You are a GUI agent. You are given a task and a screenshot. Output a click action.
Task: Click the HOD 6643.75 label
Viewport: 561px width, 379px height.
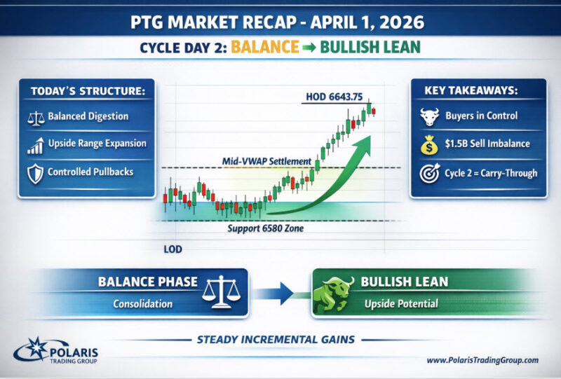tap(334, 97)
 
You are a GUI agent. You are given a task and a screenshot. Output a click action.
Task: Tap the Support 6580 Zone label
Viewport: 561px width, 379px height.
tap(266, 228)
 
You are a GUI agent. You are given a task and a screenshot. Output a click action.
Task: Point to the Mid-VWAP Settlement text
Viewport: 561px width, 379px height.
tap(266, 161)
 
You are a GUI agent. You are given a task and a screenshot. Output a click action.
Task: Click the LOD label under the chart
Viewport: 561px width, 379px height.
tap(173, 249)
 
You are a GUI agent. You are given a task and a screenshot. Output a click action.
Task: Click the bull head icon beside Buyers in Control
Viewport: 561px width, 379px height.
tap(429, 116)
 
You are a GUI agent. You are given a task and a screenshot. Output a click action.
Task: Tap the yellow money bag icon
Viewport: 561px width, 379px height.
tap(429, 144)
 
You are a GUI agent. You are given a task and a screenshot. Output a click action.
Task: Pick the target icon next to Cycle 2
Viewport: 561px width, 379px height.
tap(430, 173)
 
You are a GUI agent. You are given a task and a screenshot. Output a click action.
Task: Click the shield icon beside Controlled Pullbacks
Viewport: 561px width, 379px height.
tap(36, 174)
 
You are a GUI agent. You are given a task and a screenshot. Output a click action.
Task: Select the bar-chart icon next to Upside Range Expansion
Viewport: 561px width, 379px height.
tap(36, 146)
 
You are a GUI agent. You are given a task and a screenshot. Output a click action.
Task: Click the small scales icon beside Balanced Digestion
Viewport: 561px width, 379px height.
tap(36, 118)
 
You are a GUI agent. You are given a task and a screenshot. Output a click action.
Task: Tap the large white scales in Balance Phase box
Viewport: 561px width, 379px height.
tap(221, 291)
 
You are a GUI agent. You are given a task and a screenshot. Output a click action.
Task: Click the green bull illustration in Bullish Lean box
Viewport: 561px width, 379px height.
tap(332, 294)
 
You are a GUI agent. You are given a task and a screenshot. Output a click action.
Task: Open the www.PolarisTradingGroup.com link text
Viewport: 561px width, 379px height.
tap(482, 360)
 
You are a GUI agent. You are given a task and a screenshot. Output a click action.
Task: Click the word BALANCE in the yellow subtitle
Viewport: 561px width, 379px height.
tap(265, 47)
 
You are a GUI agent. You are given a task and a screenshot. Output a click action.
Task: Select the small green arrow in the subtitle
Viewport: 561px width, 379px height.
tap(309, 48)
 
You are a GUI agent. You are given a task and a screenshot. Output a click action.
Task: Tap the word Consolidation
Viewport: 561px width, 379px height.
tap(143, 303)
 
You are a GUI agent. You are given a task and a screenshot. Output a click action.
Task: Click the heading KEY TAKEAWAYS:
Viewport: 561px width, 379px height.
tap(471, 90)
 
